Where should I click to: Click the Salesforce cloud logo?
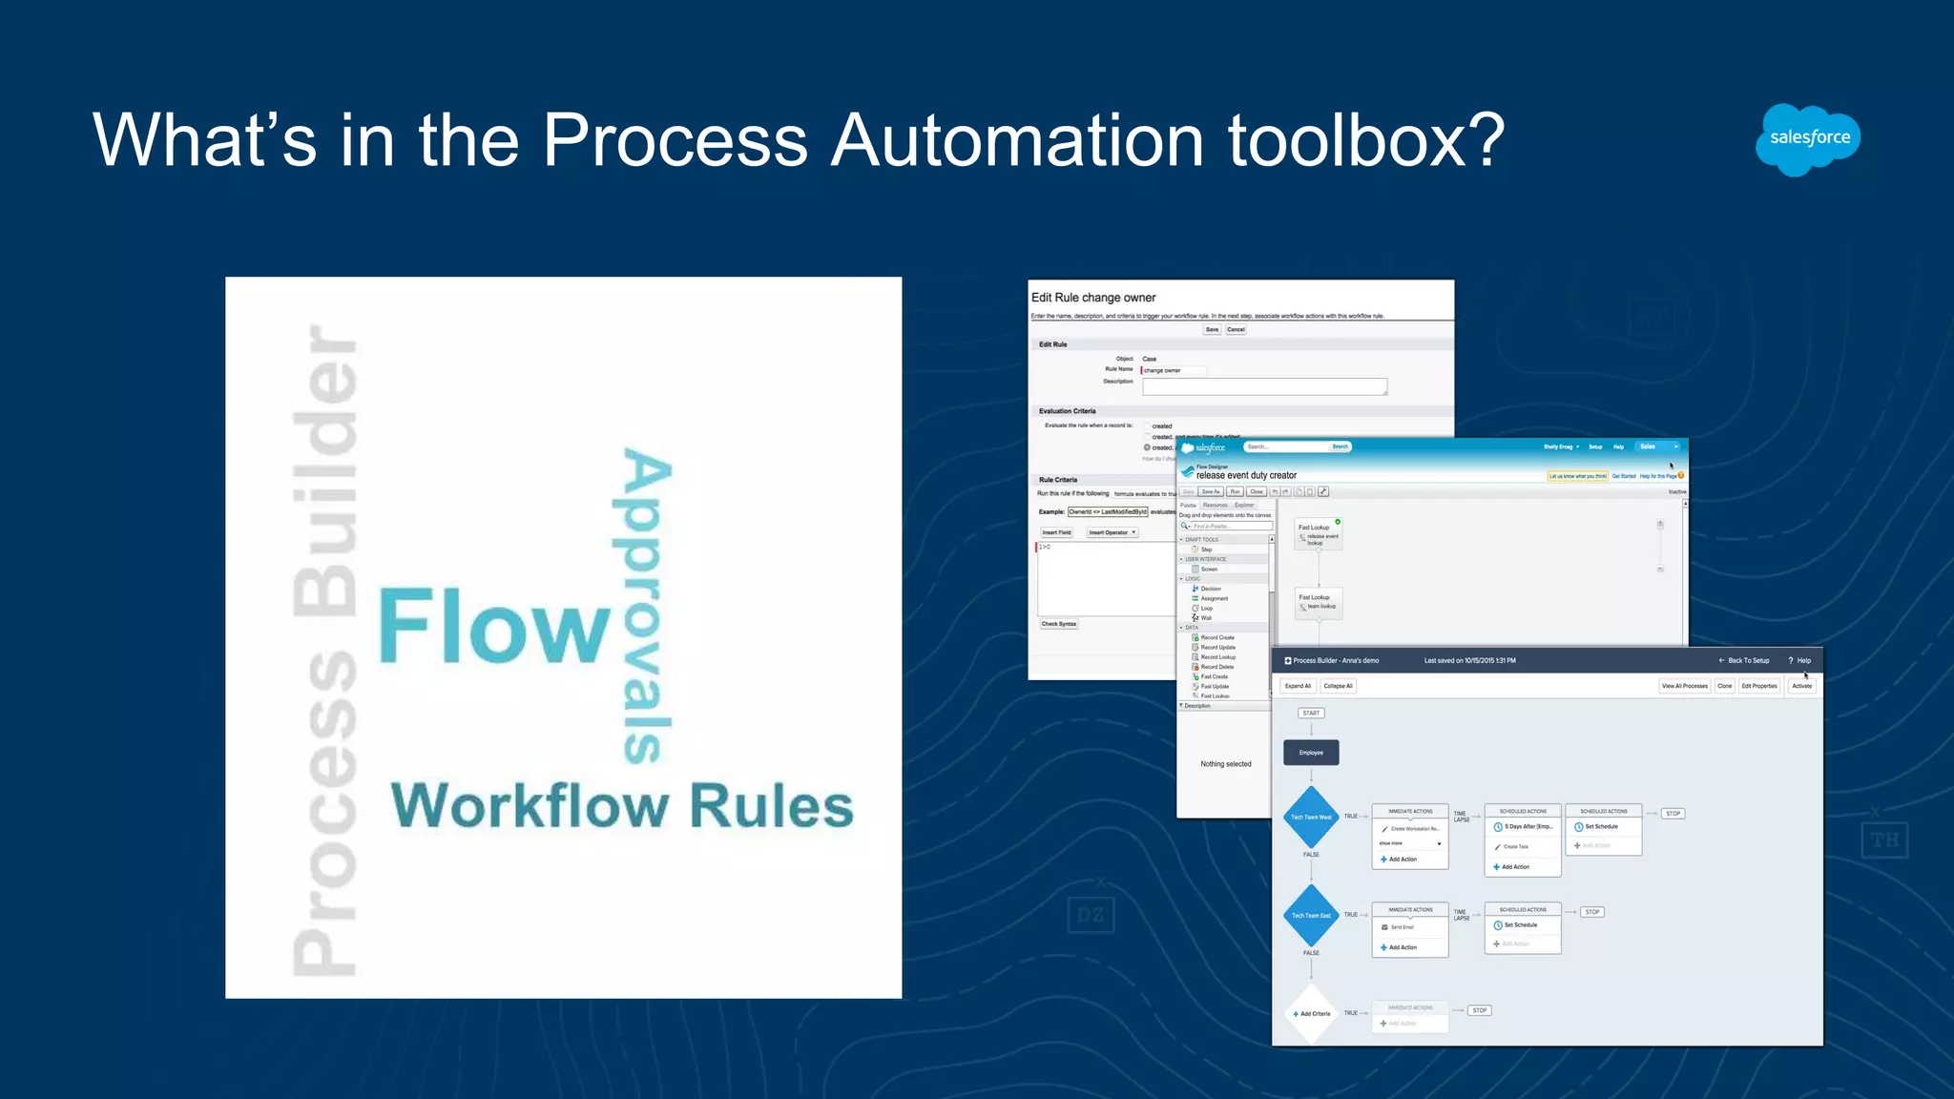pos(1808,139)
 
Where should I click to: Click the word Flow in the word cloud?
pos(494,627)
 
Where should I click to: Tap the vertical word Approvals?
pos(647,606)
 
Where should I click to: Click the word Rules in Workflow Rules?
pos(771,807)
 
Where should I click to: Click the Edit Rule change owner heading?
pos(1093,298)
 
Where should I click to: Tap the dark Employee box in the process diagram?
pos(1311,753)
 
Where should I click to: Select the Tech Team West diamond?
pos(1311,817)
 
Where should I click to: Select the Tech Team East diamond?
pos(1311,916)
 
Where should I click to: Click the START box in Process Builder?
pos(1311,714)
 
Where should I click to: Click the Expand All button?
pos(1298,686)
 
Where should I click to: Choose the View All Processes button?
pos(1684,686)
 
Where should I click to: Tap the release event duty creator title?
pos(1246,475)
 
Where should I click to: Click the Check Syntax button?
pos(1059,624)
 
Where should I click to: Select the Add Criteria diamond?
pos(1312,1013)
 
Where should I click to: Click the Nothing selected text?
pos(1226,764)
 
